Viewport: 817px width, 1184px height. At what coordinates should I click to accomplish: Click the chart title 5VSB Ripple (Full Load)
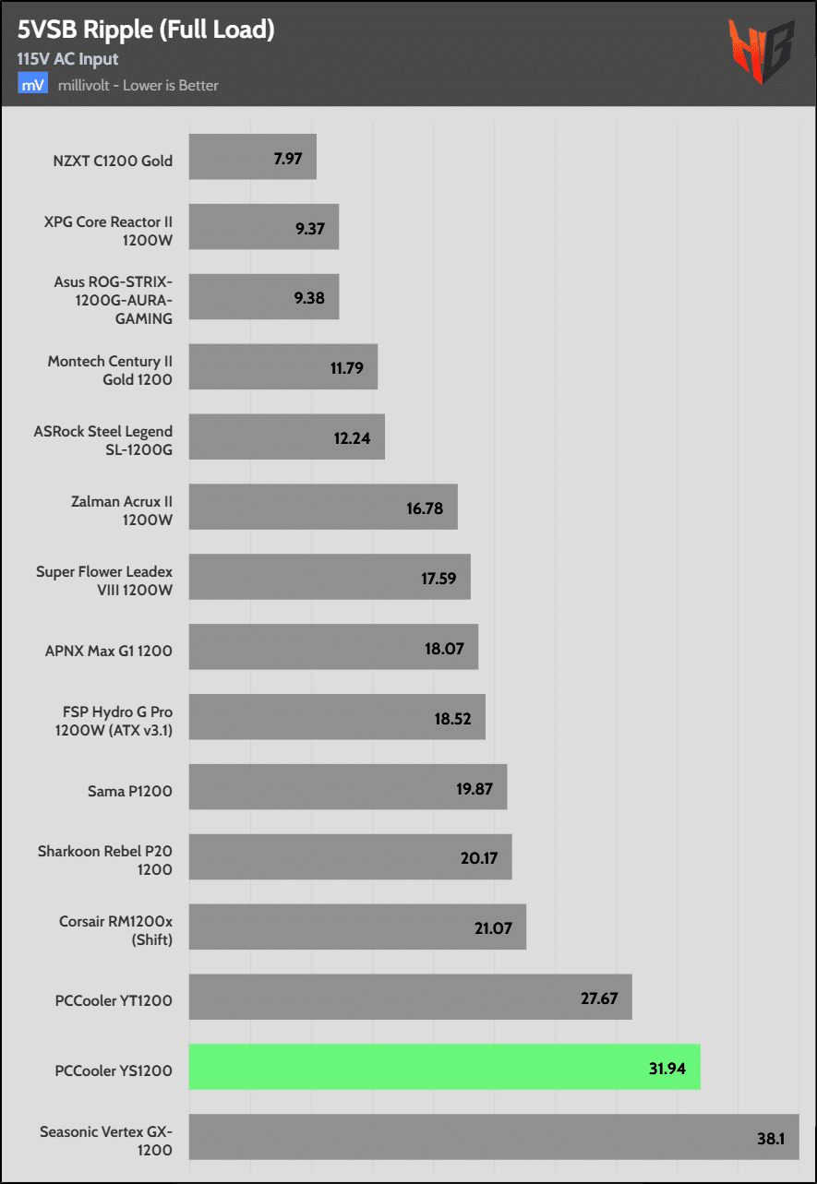click(x=145, y=30)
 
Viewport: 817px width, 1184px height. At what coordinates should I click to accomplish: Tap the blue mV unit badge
click(x=33, y=85)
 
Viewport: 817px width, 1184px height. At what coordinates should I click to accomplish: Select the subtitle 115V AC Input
click(x=67, y=59)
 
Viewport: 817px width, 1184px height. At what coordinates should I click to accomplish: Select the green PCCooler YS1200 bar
click(x=444, y=1067)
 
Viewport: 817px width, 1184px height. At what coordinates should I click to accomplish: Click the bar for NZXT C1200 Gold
click(x=252, y=157)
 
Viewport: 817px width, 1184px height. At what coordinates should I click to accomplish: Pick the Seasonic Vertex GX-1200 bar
click(x=493, y=1137)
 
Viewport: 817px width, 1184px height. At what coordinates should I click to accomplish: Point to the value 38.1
click(x=771, y=1138)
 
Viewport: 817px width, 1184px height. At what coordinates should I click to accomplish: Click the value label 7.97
click(x=288, y=158)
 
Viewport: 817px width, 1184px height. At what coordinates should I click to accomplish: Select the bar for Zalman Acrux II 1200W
click(x=323, y=508)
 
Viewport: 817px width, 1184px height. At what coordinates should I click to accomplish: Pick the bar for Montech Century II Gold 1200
click(x=282, y=367)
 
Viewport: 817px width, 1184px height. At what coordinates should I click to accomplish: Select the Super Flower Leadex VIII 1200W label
click(x=104, y=580)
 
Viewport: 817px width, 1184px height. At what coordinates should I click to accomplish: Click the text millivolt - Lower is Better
click(x=137, y=86)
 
